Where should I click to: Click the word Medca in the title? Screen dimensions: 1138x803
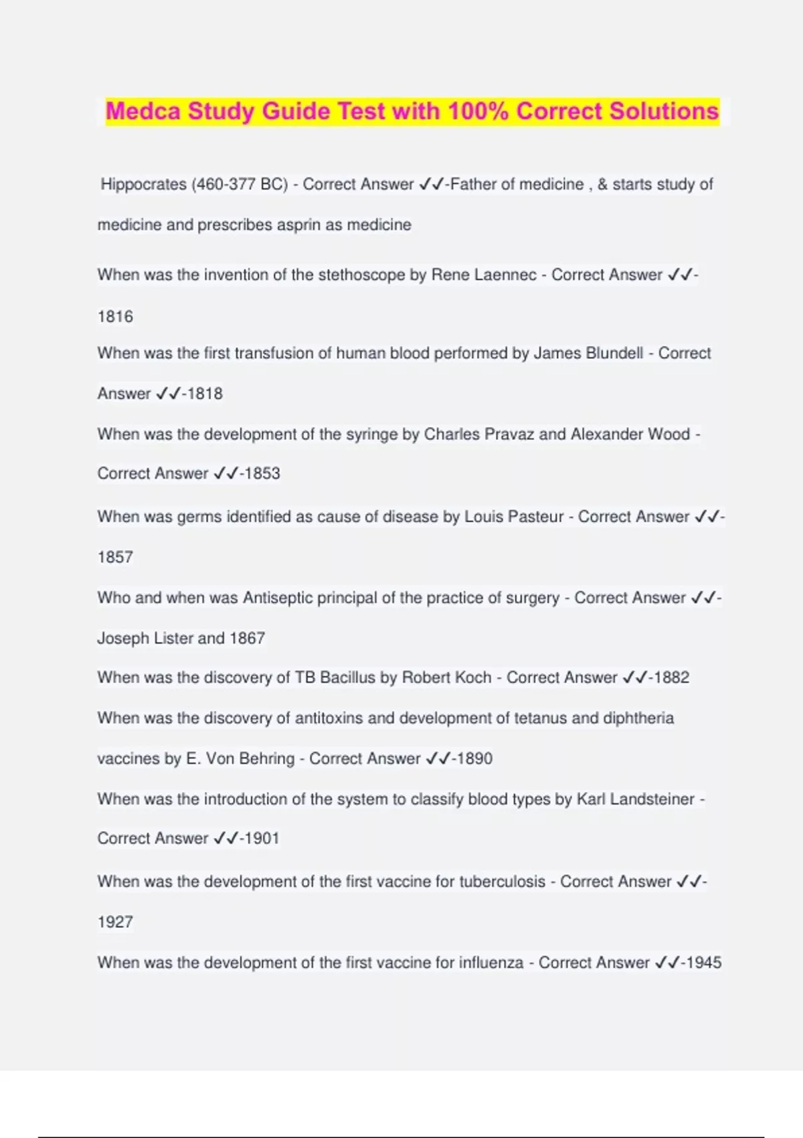[143, 111]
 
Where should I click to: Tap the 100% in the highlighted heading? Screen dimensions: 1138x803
[478, 111]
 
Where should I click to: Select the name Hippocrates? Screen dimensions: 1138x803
[144, 184]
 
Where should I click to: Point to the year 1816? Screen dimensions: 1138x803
[115, 317]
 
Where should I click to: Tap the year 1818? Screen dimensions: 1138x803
[205, 394]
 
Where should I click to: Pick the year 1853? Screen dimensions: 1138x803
[262, 473]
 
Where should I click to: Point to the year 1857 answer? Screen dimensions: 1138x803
[115, 557]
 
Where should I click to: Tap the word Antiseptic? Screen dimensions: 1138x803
[277, 598]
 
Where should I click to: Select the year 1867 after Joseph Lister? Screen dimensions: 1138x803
[247, 638]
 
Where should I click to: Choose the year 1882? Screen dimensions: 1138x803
[671, 677]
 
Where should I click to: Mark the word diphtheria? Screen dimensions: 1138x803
[638, 718]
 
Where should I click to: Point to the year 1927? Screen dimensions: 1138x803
[115, 922]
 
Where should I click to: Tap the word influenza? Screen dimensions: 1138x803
[491, 963]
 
